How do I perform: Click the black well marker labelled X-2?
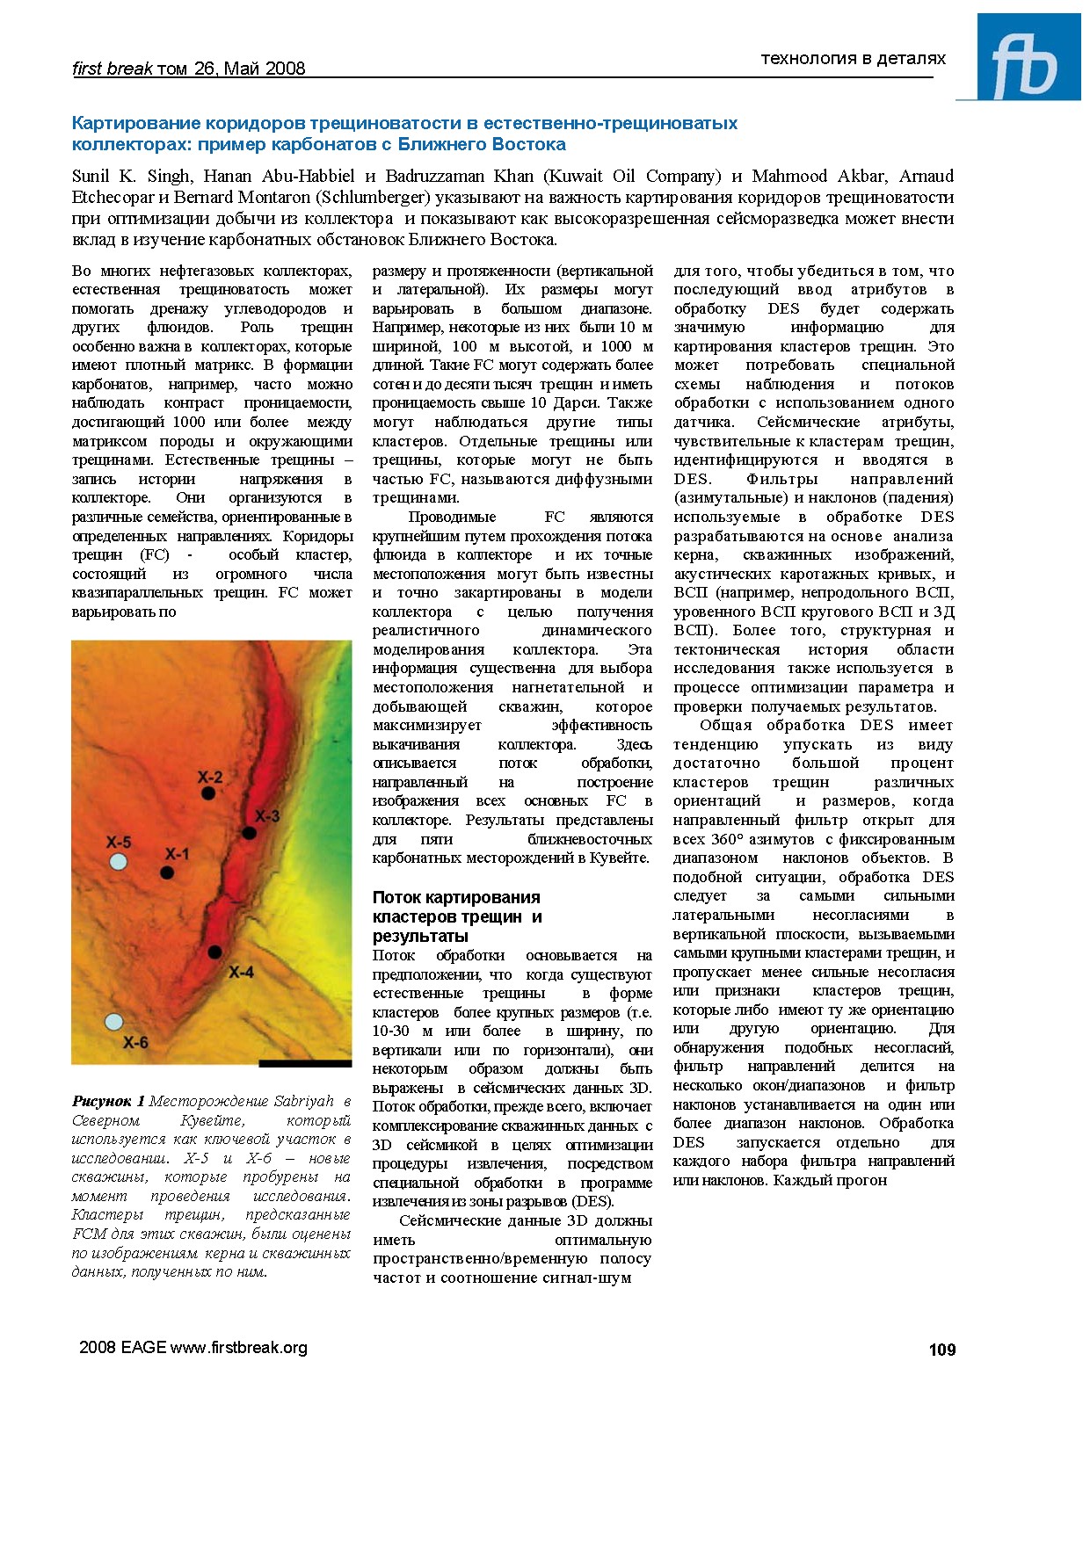click(208, 793)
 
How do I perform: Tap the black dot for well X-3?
click(250, 832)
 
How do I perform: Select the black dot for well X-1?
click(166, 872)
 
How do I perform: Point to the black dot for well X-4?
click(214, 952)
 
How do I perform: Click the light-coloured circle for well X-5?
click(118, 861)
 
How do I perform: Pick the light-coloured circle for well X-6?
click(113, 1021)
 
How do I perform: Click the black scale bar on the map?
click(305, 1063)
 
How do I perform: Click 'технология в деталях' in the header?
click(853, 59)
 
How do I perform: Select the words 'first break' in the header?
click(112, 69)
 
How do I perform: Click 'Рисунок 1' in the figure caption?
click(108, 1102)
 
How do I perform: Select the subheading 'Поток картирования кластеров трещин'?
click(456, 907)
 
